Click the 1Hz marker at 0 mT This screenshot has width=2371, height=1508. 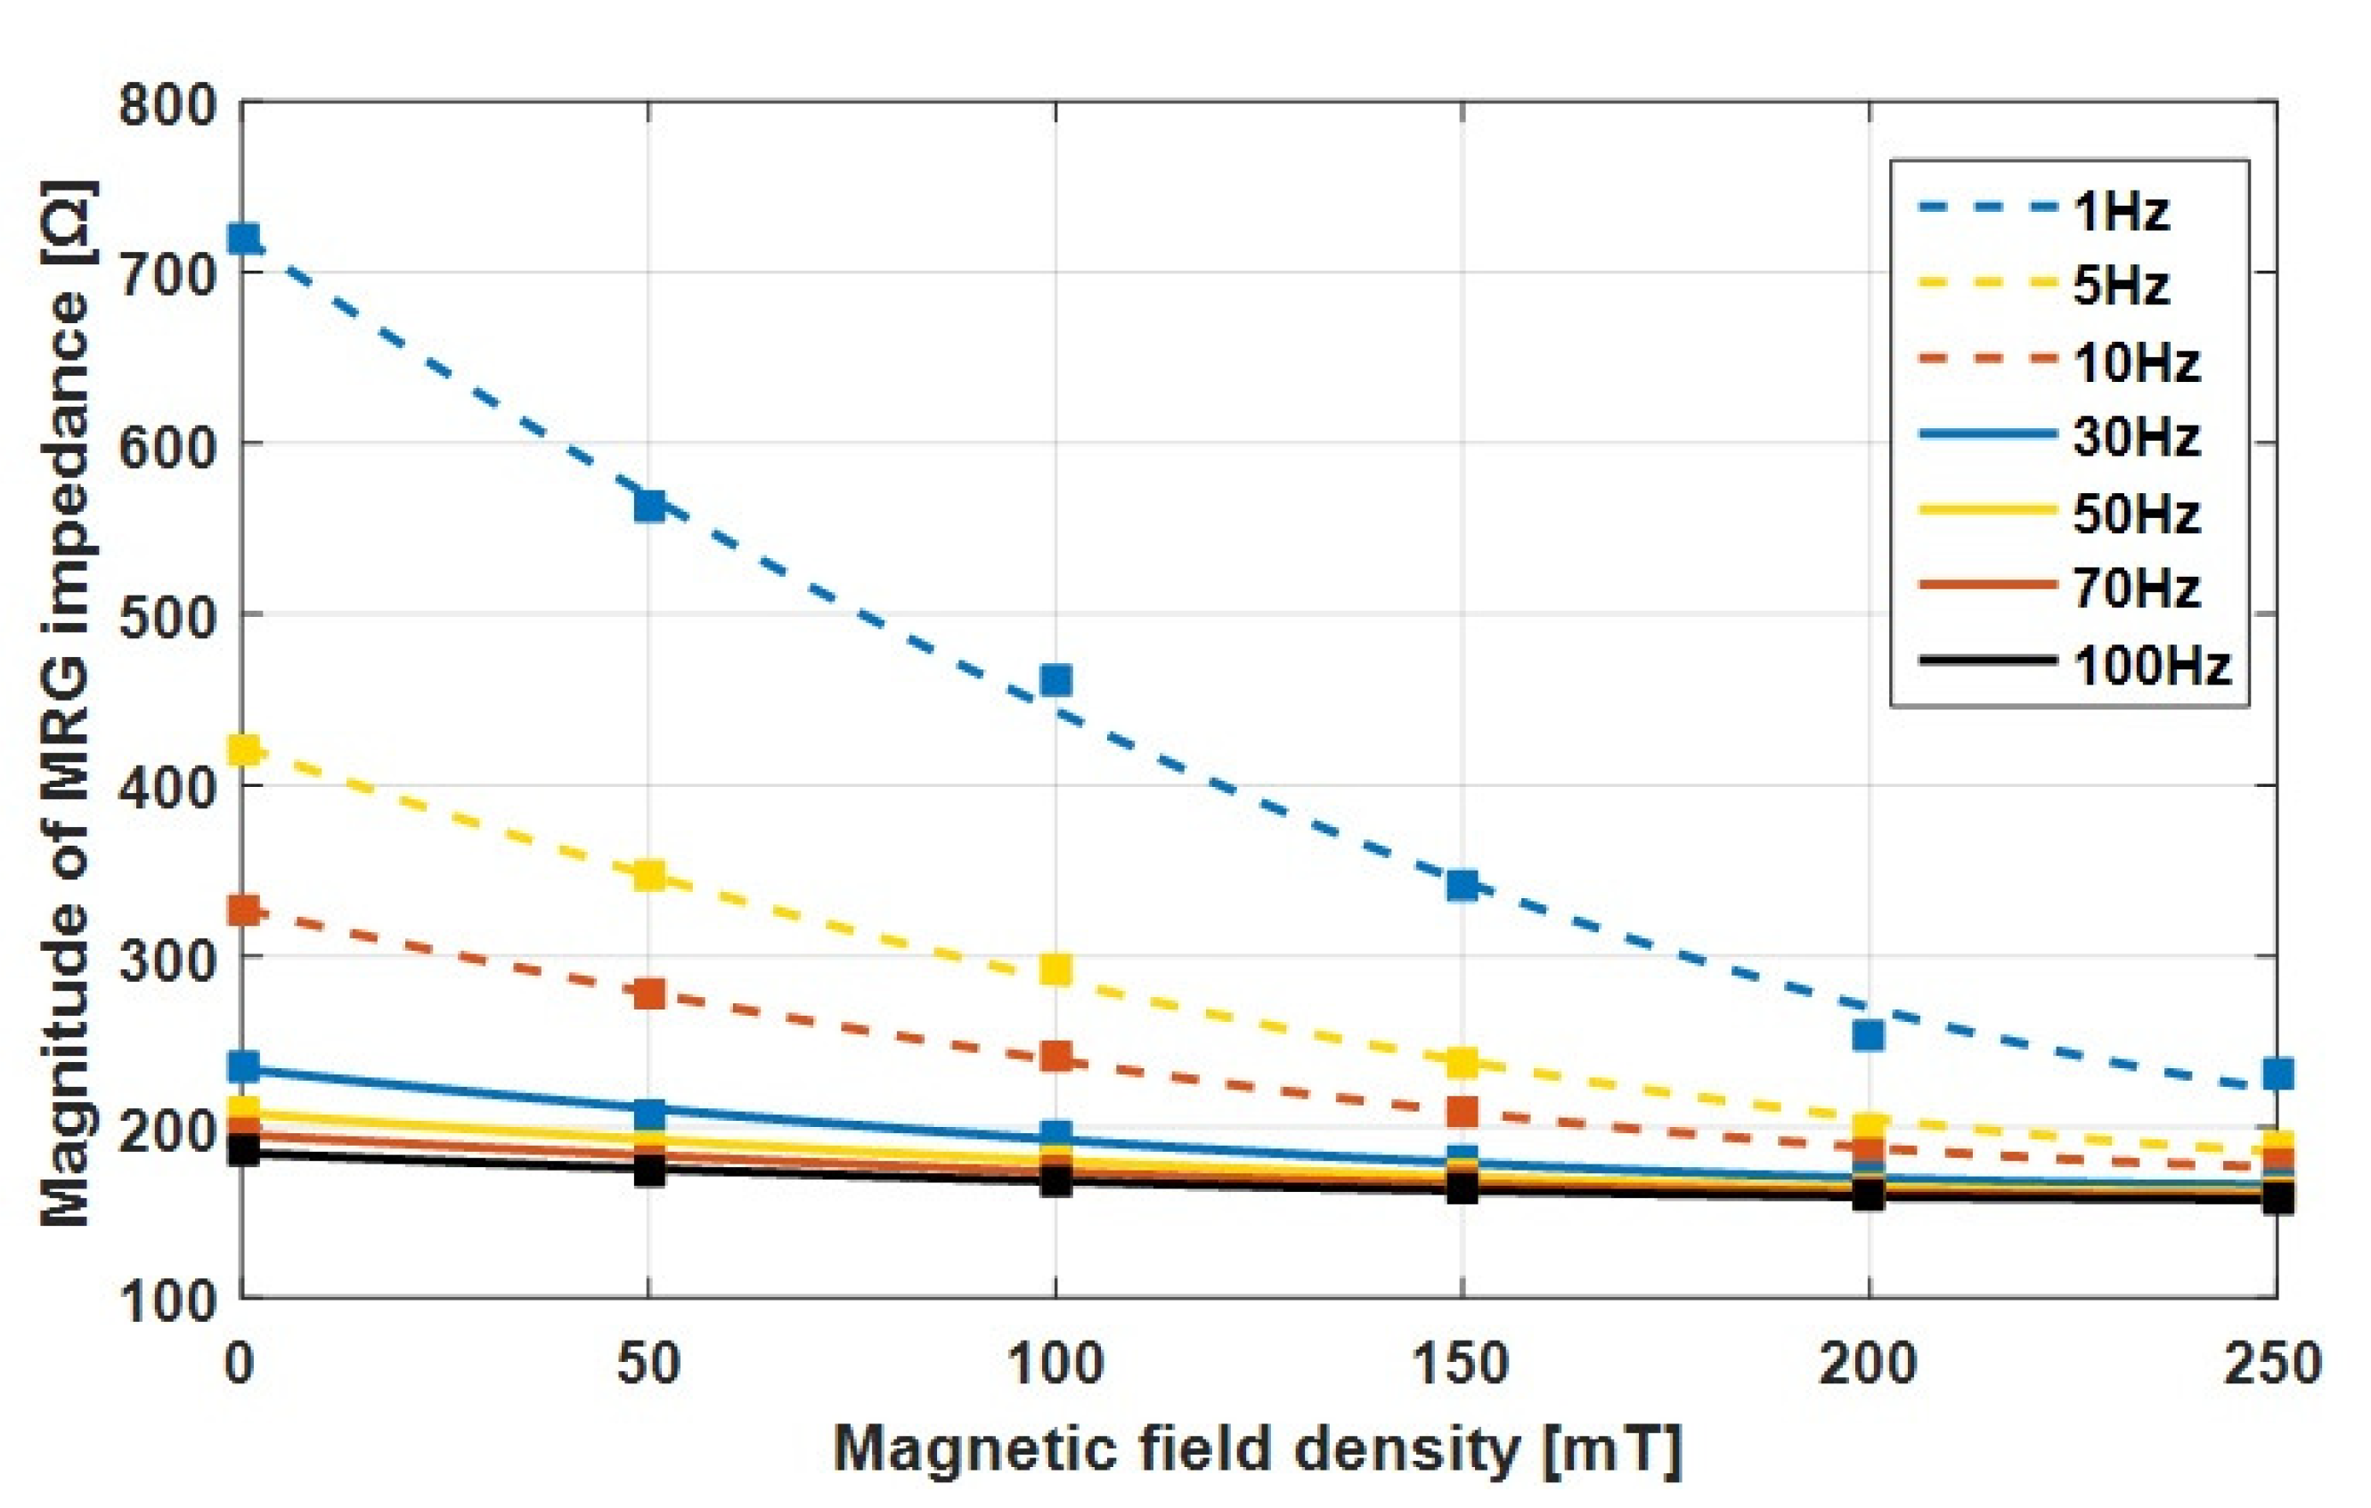243,239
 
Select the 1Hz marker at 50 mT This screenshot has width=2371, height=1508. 650,506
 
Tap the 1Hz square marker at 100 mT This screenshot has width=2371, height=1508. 1056,680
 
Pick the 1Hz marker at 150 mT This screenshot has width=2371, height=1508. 1463,885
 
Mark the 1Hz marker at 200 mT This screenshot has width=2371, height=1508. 1869,1035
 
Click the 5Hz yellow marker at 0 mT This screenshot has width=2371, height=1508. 243,751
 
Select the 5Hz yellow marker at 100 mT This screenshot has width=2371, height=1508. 1056,970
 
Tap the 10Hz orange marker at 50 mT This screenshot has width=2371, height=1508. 650,993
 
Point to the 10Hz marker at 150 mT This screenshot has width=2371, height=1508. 1463,1111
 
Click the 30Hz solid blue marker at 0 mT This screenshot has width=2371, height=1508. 243,1067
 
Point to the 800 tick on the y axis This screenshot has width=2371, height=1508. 167,104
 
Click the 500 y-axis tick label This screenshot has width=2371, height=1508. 167,616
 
